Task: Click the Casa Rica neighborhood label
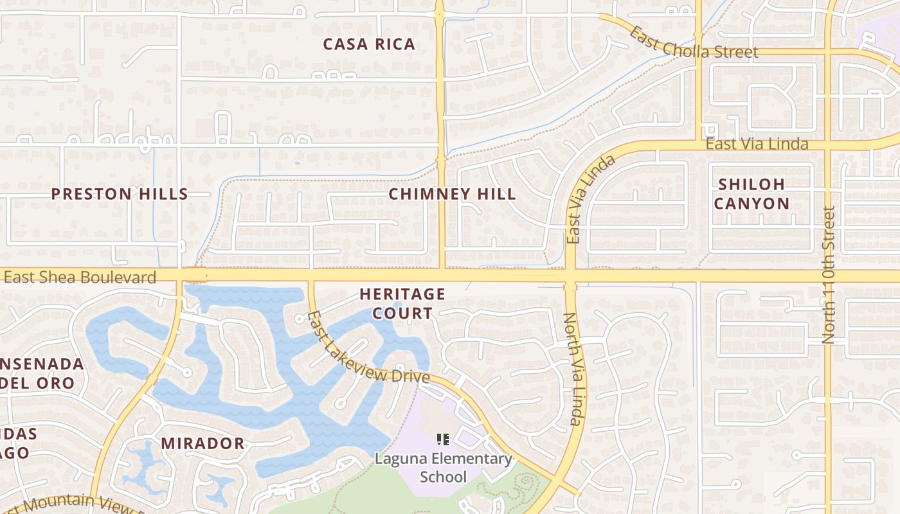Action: (x=369, y=44)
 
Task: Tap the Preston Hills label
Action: (x=120, y=194)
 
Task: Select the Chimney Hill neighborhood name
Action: (x=452, y=194)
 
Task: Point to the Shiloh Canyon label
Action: (x=752, y=194)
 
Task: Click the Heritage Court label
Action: (x=402, y=303)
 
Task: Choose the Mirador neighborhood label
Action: (x=203, y=443)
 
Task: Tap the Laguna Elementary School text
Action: (x=444, y=468)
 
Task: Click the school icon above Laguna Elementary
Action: (x=442, y=439)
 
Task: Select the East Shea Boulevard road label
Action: (x=80, y=278)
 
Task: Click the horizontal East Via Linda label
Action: (x=757, y=144)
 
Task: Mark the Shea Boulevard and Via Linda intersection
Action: (x=570, y=276)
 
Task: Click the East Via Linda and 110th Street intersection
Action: (x=828, y=144)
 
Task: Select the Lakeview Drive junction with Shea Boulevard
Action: (x=311, y=277)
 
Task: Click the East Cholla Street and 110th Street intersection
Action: (x=828, y=51)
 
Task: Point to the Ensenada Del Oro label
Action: (x=42, y=373)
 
